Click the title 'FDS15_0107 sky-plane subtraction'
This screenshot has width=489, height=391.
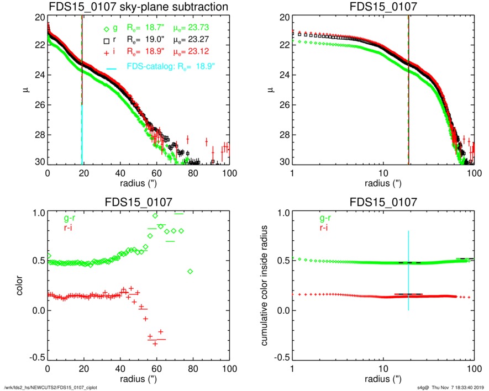(139, 7)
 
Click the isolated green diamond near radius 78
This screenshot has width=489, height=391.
(190, 271)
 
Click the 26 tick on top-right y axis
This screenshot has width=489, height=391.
(281, 105)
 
